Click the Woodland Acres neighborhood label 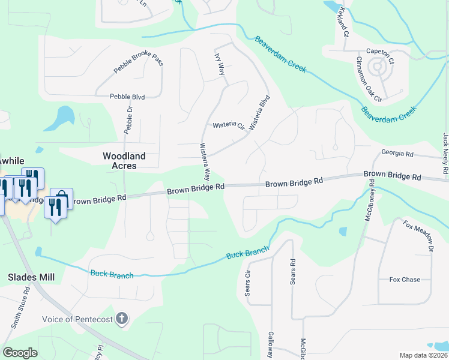click(x=124, y=161)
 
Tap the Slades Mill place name click(x=31, y=277)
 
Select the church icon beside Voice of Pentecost click(x=122, y=319)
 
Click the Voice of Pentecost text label click(x=77, y=319)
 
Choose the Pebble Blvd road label click(x=127, y=96)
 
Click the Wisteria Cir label click(x=229, y=126)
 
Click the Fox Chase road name click(x=405, y=280)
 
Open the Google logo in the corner click(x=20, y=353)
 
